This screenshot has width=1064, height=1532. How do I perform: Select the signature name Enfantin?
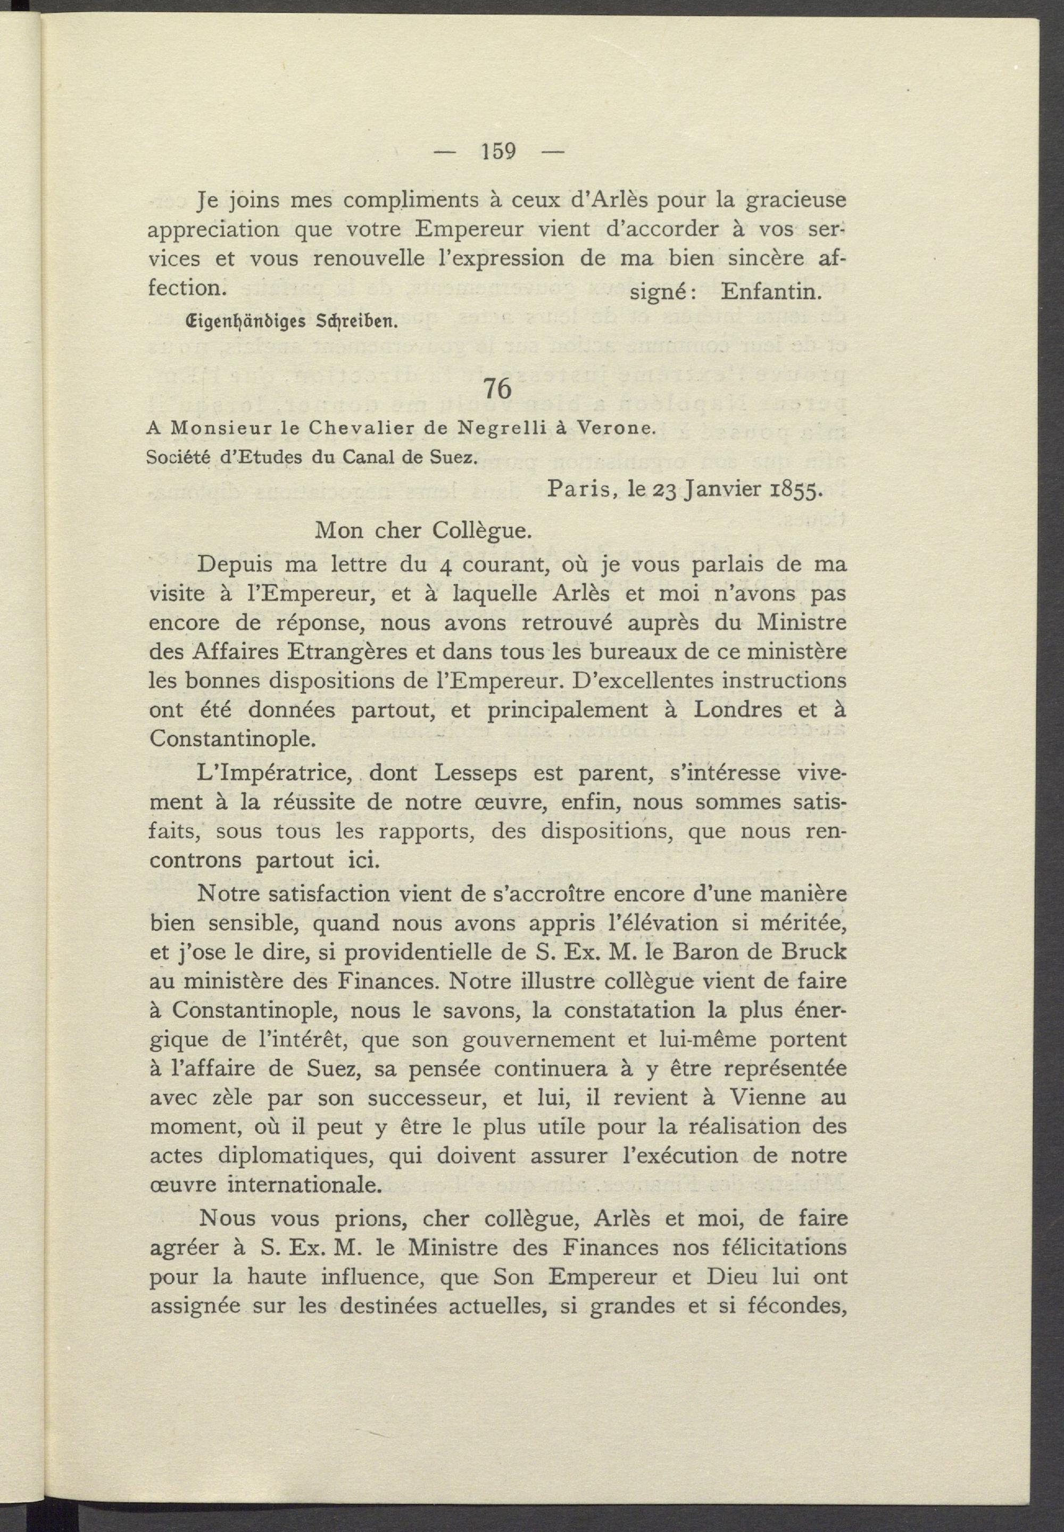(771, 292)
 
